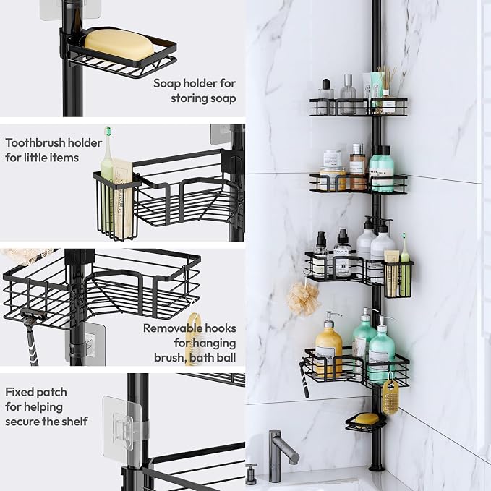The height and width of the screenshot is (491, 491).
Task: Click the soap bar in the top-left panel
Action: click(x=119, y=44)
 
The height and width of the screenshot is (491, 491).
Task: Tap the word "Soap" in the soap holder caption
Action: click(x=166, y=84)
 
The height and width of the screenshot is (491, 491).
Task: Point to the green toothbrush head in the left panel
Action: click(x=108, y=131)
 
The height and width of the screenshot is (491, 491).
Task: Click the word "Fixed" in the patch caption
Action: click(x=18, y=392)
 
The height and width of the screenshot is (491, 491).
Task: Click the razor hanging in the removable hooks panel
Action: click(x=32, y=338)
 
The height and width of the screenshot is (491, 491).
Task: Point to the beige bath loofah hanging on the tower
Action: click(x=303, y=299)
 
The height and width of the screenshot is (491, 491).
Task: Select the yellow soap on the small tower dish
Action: click(x=367, y=419)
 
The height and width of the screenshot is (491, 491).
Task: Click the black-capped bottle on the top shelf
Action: click(x=325, y=93)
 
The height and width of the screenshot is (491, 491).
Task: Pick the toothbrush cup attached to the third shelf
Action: click(x=398, y=278)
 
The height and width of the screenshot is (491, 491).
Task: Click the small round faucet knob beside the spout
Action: click(x=251, y=474)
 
